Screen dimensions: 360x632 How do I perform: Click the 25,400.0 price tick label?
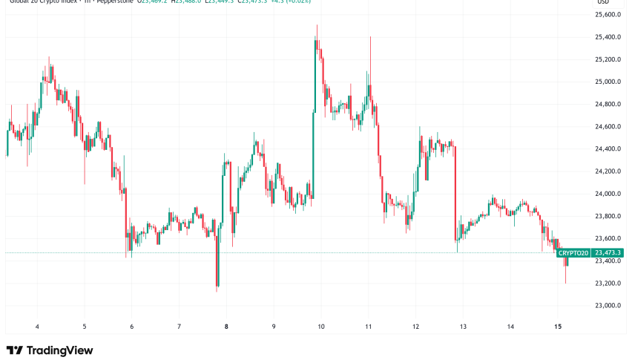point(608,37)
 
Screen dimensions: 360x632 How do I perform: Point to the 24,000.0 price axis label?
point(608,194)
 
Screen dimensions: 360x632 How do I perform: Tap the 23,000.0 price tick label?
point(608,305)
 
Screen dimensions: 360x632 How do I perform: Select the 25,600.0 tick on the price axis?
point(608,15)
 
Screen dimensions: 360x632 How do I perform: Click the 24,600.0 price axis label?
point(608,127)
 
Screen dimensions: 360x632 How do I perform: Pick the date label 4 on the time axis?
point(38,326)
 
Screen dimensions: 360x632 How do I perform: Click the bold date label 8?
point(226,326)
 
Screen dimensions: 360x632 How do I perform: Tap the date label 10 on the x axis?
point(321,326)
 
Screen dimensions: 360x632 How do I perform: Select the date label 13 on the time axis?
point(463,326)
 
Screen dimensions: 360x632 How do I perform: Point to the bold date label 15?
point(558,326)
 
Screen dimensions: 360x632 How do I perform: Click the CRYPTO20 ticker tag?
point(573,253)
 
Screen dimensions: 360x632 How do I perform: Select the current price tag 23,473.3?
point(608,253)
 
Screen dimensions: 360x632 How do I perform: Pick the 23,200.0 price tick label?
point(608,283)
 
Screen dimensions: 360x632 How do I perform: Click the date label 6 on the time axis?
point(131,326)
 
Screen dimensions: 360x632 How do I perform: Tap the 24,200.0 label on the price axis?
point(608,171)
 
